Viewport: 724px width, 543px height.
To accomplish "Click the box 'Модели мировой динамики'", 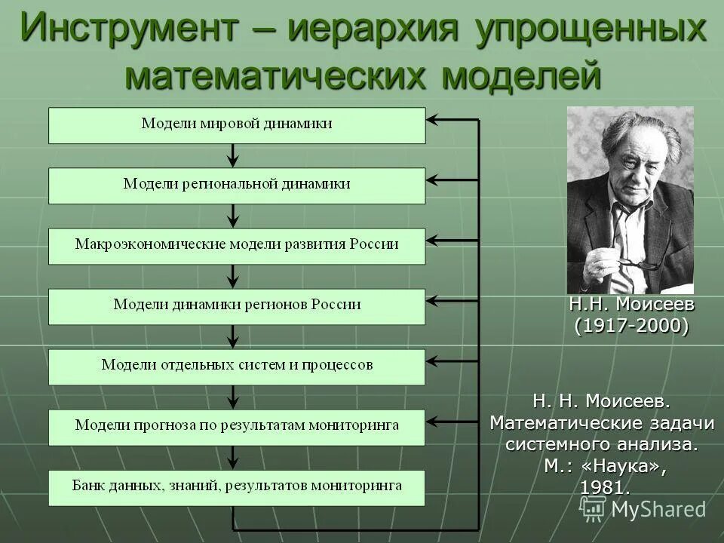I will click(x=237, y=124).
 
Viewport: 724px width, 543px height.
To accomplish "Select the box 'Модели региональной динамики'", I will click(x=237, y=185).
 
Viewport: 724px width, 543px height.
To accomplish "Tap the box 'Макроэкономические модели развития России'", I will click(x=237, y=246).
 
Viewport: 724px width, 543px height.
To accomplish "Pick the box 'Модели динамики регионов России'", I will click(x=237, y=305).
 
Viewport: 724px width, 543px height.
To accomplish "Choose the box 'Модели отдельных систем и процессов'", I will click(x=237, y=366).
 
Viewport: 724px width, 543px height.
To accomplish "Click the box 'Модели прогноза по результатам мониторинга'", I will click(x=237, y=426).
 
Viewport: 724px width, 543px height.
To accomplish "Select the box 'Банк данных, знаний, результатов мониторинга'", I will click(x=237, y=486).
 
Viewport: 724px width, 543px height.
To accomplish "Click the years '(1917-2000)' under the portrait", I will click(x=631, y=326).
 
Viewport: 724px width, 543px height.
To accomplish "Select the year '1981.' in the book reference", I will click(x=605, y=487).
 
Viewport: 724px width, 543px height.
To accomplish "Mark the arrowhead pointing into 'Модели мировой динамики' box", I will click(x=432, y=119).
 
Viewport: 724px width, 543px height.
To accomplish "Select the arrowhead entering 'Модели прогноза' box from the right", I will click(x=432, y=420).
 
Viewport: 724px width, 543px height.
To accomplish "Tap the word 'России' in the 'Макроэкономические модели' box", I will click(x=374, y=245).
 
